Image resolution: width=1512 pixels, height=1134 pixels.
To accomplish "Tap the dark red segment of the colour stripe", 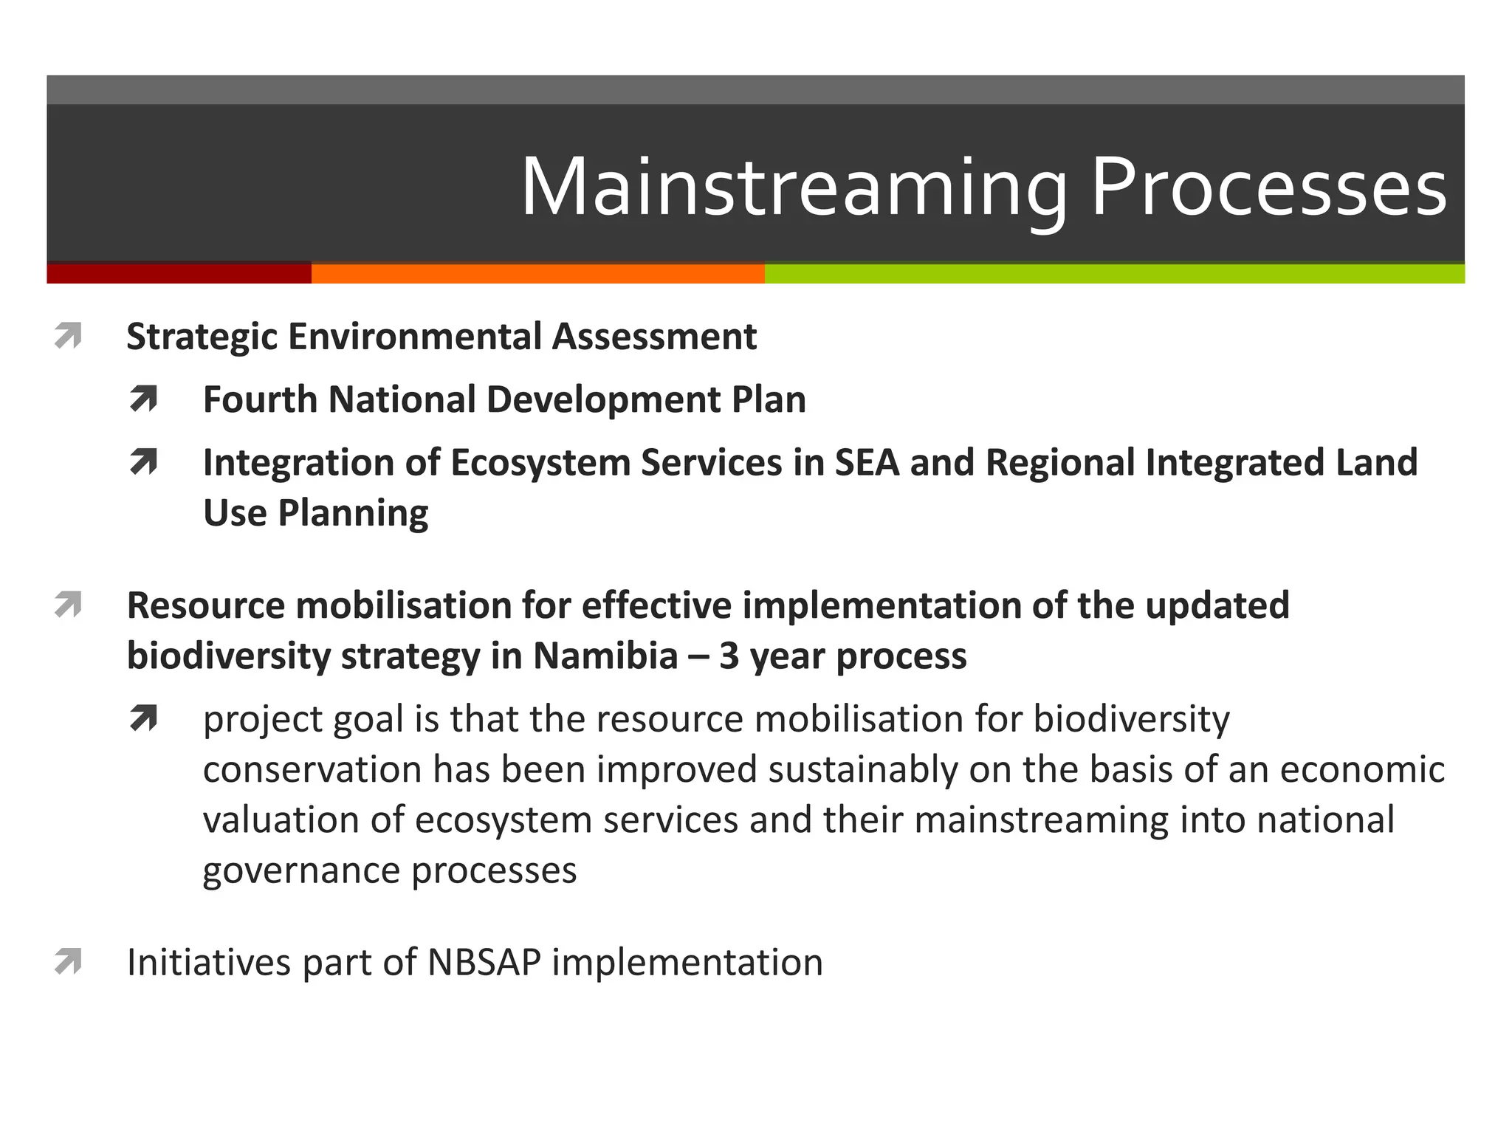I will [x=179, y=273].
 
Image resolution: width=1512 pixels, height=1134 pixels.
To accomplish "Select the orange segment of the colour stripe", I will [x=537, y=273].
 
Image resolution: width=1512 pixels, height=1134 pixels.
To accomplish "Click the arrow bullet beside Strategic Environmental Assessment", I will [x=68, y=337].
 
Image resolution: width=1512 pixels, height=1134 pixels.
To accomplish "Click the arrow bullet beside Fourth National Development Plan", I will [x=143, y=399].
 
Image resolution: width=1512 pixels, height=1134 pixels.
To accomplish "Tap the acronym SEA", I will [x=867, y=463].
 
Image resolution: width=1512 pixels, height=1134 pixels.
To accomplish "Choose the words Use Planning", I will [x=315, y=513].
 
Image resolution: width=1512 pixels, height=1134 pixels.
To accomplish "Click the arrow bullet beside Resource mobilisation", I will [x=68, y=605].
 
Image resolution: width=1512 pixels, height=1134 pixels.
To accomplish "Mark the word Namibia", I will [x=605, y=656].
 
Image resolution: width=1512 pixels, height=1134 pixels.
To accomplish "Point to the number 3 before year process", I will [x=729, y=656].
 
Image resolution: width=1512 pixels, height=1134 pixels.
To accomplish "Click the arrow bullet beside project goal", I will [x=143, y=718].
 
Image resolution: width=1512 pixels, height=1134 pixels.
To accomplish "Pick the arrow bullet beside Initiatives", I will [x=68, y=962].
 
